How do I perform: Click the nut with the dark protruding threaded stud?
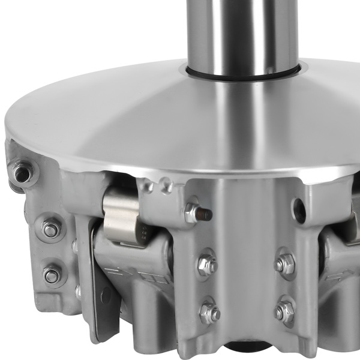click(193, 212)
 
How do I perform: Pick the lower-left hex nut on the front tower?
click(208, 313)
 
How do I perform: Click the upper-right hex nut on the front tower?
click(284, 263)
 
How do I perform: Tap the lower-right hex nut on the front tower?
click(284, 311)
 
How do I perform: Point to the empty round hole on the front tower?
click(298, 208)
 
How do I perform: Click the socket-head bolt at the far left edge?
click(22, 173)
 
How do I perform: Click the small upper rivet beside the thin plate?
click(75, 247)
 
